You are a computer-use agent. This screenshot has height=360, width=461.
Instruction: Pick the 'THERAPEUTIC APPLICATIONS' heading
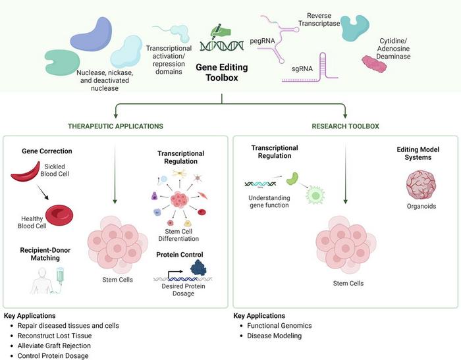point(116,125)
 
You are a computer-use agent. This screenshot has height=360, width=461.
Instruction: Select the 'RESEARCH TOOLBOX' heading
point(344,125)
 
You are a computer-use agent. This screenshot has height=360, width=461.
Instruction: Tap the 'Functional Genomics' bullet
point(279,326)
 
